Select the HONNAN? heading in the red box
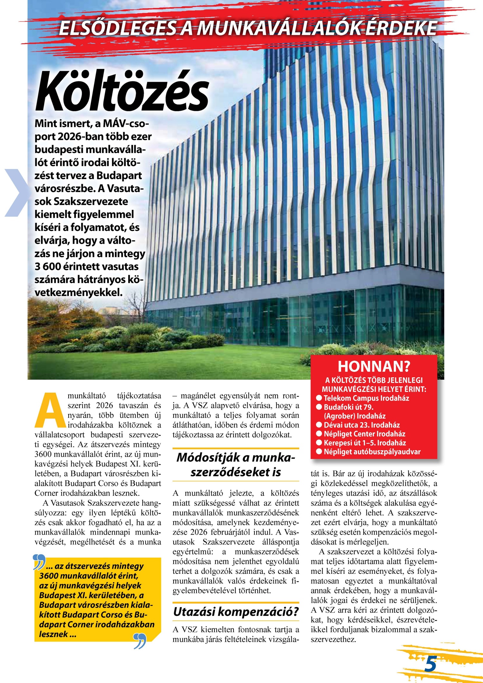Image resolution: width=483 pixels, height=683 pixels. (374, 366)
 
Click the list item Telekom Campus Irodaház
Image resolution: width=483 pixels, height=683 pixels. (366, 398)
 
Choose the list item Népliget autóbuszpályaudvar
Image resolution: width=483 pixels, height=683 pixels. (372, 452)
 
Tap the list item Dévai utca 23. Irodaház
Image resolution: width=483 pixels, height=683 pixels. (362, 425)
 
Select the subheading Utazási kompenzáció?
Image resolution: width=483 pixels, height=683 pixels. (236, 611)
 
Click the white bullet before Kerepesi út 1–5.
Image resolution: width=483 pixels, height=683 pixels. (319, 443)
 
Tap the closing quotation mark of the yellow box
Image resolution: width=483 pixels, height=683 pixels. (140, 641)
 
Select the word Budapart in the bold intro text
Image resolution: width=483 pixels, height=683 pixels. (119, 175)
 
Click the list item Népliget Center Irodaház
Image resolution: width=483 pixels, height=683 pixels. (364, 434)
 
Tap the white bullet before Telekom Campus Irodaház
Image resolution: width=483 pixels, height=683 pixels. (319, 398)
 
